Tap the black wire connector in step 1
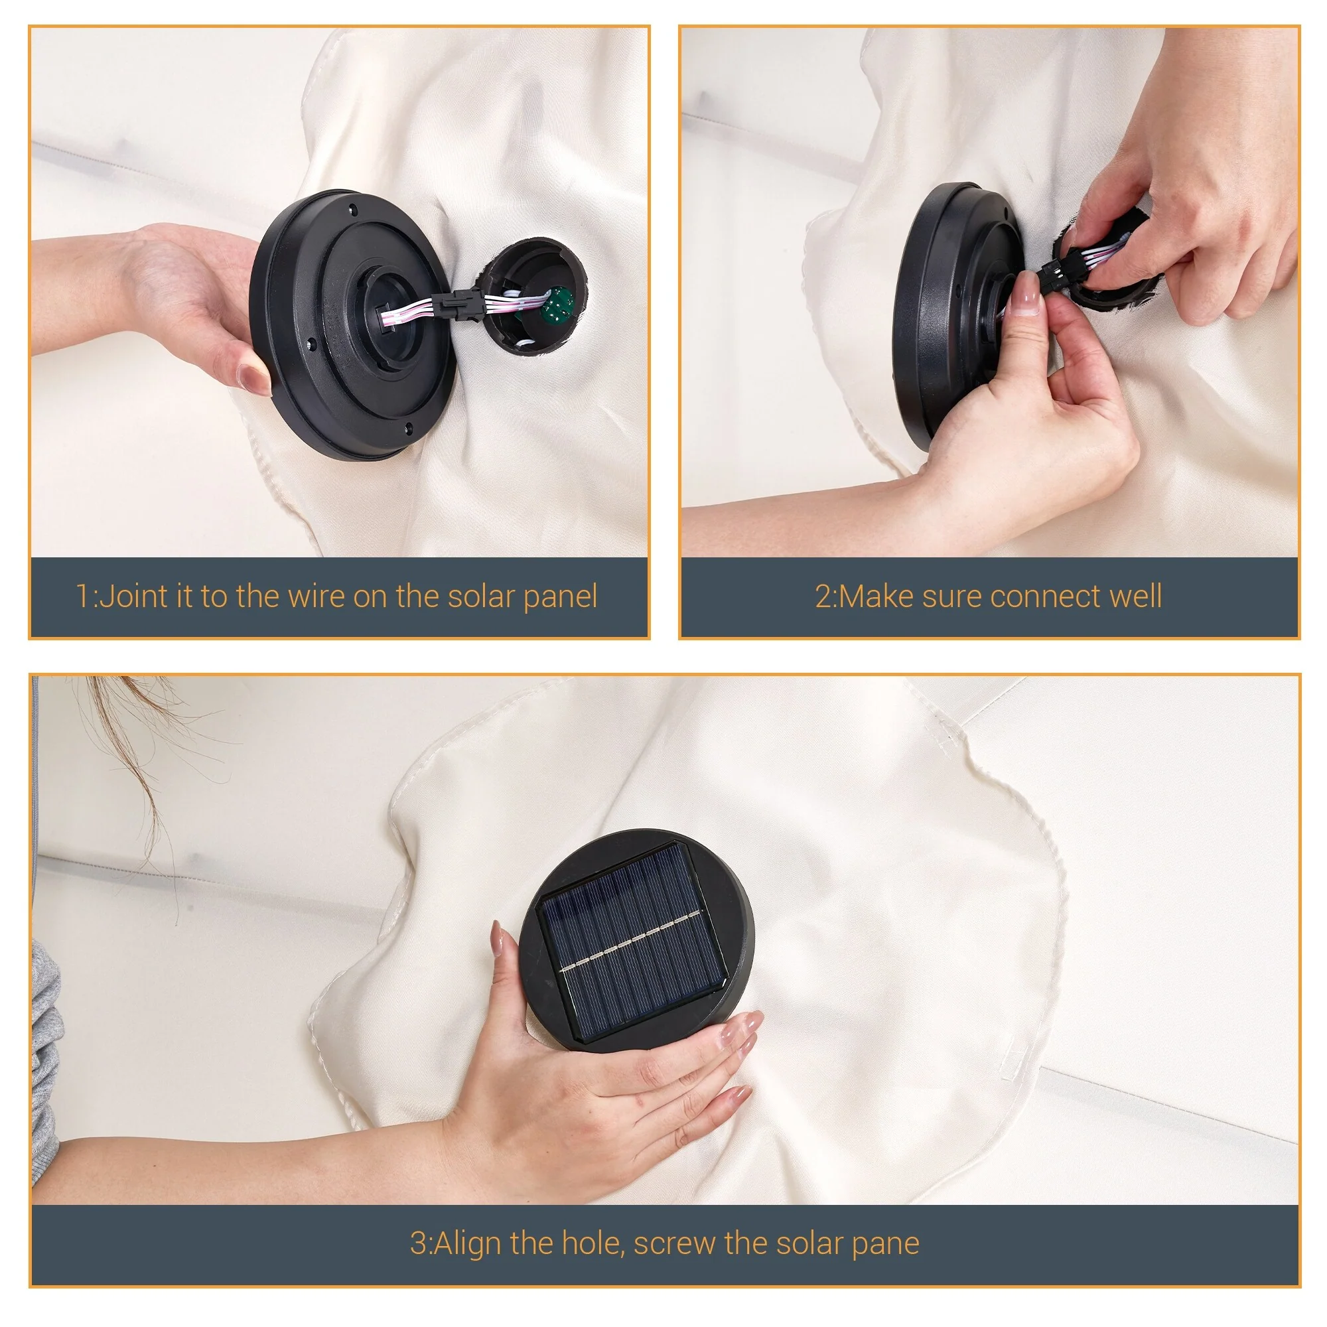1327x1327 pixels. click(459, 303)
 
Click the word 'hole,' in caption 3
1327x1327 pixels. click(593, 1244)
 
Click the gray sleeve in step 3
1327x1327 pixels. click(45, 1051)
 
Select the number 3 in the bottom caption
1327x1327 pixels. click(418, 1244)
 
